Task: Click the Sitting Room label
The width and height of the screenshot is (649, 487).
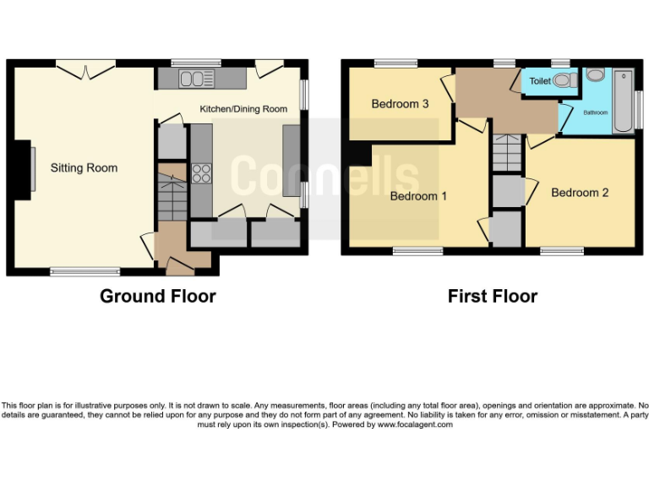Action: coord(84,168)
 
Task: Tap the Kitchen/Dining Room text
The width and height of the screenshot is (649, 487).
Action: coord(243,109)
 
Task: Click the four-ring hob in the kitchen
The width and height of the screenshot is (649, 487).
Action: coord(201,173)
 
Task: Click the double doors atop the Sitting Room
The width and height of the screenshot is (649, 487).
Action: coord(86,68)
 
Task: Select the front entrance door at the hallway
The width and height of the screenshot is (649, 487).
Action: coord(179,266)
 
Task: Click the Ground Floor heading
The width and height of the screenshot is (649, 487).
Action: coord(157,296)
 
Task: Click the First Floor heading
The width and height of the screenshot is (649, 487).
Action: coord(492,296)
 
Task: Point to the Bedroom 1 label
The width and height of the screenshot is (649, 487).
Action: coord(418,196)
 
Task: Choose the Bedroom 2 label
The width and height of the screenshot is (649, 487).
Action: coord(580,193)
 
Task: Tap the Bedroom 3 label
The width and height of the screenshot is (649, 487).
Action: coord(401,104)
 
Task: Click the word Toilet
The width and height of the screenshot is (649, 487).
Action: coord(541,81)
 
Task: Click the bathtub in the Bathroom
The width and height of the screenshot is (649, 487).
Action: coord(623,101)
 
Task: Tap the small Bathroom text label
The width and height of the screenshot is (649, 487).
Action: coord(596,112)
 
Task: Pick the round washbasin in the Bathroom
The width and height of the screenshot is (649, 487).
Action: coord(595,75)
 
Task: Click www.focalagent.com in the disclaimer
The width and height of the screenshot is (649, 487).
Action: coord(414,424)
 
